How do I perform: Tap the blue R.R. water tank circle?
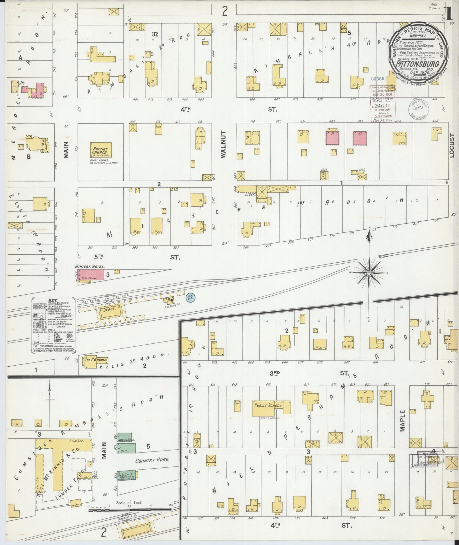[x=191, y=297]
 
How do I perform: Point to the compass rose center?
[x=369, y=273]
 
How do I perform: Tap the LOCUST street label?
[x=452, y=145]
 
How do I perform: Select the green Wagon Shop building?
[x=126, y=437]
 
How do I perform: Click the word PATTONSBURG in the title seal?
[x=417, y=63]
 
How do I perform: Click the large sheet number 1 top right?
[x=448, y=14]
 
